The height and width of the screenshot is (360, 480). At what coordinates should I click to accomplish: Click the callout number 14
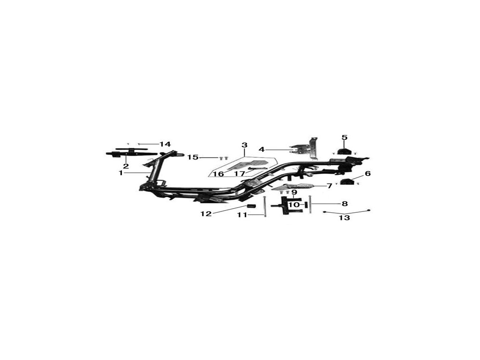click(165, 144)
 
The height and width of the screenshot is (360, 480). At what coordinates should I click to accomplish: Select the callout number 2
click(126, 166)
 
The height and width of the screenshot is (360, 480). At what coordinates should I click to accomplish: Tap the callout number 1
click(120, 173)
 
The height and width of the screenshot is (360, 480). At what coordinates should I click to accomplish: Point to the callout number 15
click(193, 157)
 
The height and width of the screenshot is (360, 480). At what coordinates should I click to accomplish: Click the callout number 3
click(244, 145)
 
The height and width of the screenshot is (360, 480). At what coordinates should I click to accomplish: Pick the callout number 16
click(218, 174)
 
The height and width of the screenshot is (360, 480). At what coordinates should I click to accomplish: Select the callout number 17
click(240, 174)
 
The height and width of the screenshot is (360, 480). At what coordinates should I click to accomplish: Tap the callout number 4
click(262, 150)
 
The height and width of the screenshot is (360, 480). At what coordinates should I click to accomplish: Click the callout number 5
click(345, 137)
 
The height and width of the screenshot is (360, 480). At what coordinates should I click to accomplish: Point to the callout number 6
click(367, 173)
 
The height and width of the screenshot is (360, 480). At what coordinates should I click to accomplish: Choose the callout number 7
click(329, 186)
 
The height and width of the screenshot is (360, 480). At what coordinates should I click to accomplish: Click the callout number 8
click(345, 204)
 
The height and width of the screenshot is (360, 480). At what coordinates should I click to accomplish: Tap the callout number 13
click(345, 218)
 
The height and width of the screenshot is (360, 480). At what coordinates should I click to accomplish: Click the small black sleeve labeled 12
click(250, 208)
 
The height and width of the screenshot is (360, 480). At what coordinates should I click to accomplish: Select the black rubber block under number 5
click(345, 151)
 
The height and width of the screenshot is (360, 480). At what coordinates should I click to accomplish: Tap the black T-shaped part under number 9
click(286, 206)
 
